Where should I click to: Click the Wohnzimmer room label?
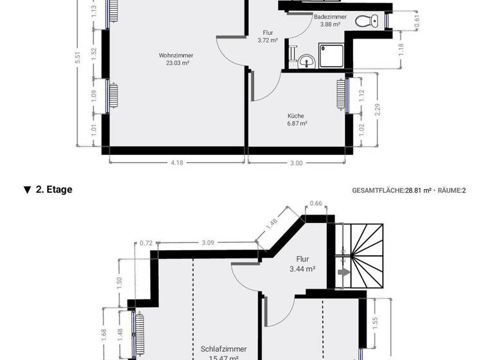[176, 55]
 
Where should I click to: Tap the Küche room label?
[297, 116]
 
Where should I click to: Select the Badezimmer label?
[331, 17]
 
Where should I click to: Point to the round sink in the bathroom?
[305, 62]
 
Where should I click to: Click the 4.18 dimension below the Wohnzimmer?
[177, 163]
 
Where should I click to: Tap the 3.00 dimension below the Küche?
[296, 163]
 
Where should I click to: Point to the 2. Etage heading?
[54, 190]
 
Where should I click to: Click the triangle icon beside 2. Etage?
[27, 190]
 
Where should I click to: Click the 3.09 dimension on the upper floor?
[207, 242]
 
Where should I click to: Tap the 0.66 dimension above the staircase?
[316, 204]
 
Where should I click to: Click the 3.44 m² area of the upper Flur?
[302, 271]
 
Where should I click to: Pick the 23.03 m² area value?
[176, 63]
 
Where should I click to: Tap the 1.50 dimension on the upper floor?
[119, 282]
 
